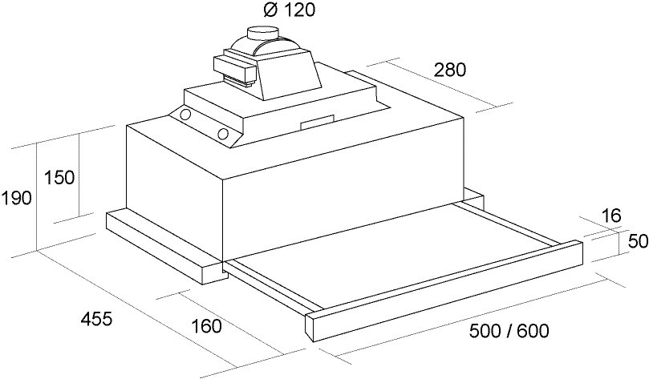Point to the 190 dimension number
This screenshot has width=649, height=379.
click(x=16, y=198)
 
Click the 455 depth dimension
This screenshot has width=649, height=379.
click(x=96, y=319)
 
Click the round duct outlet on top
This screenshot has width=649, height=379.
click(x=262, y=33)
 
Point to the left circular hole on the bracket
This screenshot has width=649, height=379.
click(x=186, y=115)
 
